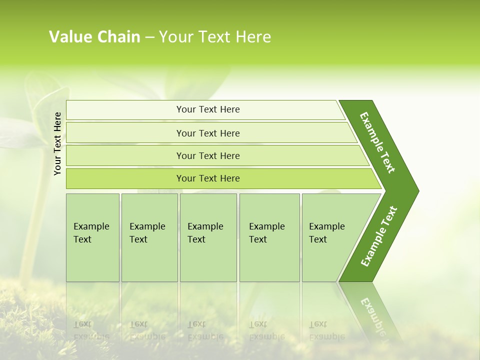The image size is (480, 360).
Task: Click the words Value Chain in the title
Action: coord(94,37)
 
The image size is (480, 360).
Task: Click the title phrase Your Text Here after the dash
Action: coord(215,37)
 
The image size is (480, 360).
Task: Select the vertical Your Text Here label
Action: coord(57,143)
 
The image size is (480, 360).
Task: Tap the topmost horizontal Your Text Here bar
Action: coord(208,109)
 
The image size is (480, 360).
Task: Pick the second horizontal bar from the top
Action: coord(208,133)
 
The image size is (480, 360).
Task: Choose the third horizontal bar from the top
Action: coord(208,155)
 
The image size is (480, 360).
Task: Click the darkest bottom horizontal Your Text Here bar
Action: coord(208,178)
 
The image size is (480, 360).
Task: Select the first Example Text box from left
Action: coord(92,237)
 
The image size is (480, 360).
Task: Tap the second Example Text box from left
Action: coord(149,237)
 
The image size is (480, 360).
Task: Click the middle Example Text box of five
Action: coord(207,237)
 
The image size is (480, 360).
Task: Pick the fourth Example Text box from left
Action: coord(269,237)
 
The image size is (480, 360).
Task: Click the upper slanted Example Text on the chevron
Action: coord(377,142)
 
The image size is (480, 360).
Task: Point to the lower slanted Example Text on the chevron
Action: coord(379,236)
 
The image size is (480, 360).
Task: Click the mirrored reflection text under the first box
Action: coord(91,330)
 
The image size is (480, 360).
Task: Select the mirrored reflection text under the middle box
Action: coord(205,330)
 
